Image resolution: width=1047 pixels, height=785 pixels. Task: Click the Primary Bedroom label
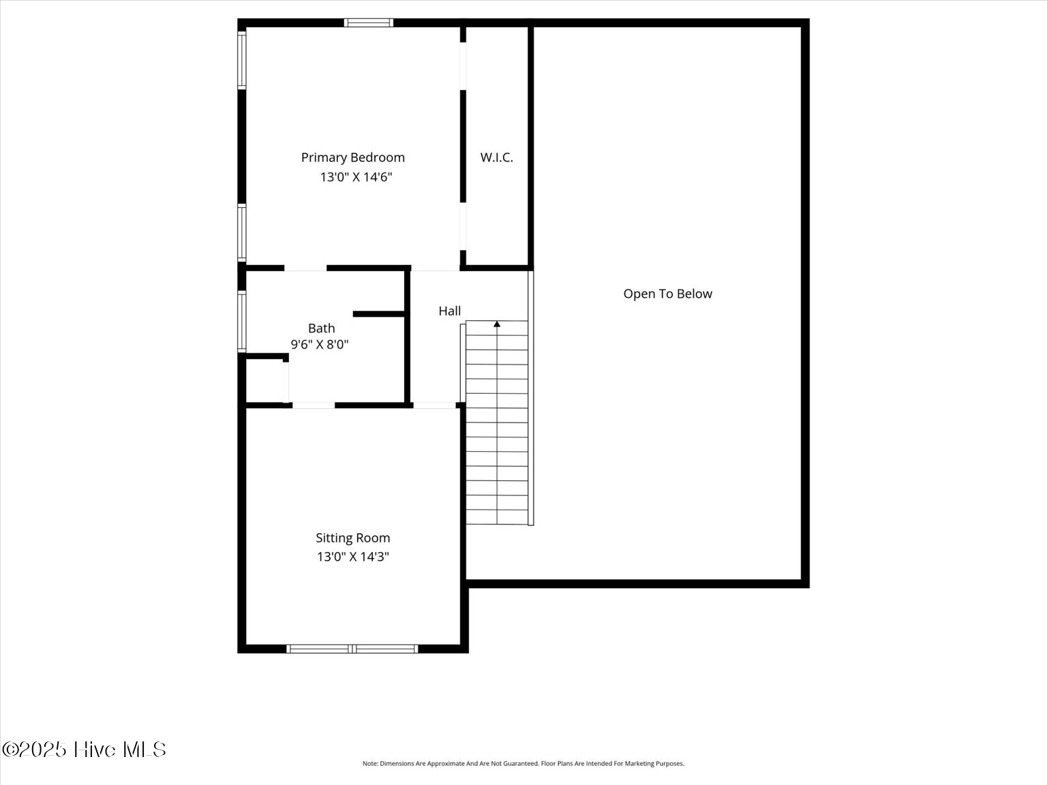pyautogui.click(x=352, y=158)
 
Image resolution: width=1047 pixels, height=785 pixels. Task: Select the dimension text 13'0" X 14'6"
pyautogui.click(x=356, y=177)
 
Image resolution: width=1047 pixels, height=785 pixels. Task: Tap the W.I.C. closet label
pyautogui.click(x=496, y=157)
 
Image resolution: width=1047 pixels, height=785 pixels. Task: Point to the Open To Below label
pyautogui.click(x=667, y=294)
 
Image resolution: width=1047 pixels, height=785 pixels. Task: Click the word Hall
pyautogui.click(x=449, y=311)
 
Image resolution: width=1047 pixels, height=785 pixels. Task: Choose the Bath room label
pyautogui.click(x=322, y=328)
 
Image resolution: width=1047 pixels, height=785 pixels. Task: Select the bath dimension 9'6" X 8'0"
pyautogui.click(x=320, y=344)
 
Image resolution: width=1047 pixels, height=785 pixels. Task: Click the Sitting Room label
pyautogui.click(x=352, y=538)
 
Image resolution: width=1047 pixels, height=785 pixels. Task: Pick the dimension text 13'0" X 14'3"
pyautogui.click(x=353, y=557)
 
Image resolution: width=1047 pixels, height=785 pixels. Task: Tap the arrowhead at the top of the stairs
pyautogui.click(x=497, y=324)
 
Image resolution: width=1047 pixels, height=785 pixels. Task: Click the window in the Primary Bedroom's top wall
pyautogui.click(x=369, y=22)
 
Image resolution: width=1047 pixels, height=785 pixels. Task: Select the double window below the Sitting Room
pyautogui.click(x=352, y=649)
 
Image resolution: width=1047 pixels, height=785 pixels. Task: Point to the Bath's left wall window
pyautogui.click(x=242, y=322)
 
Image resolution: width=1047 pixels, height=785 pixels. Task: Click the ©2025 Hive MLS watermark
pyautogui.click(x=84, y=750)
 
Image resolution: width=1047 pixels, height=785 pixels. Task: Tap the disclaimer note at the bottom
pyautogui.click(x=523, y=764)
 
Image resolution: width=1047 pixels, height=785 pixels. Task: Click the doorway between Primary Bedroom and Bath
pyautogui.click(x=306, y=268)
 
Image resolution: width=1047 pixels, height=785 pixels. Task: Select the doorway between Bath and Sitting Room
pyautogui.click(x=314, y=405)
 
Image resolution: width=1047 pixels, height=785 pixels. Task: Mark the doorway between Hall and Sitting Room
pyautogui.click(x=434, y=405)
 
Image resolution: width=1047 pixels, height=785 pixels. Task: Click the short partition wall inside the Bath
pyautogui.click(x=379, y=314)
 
